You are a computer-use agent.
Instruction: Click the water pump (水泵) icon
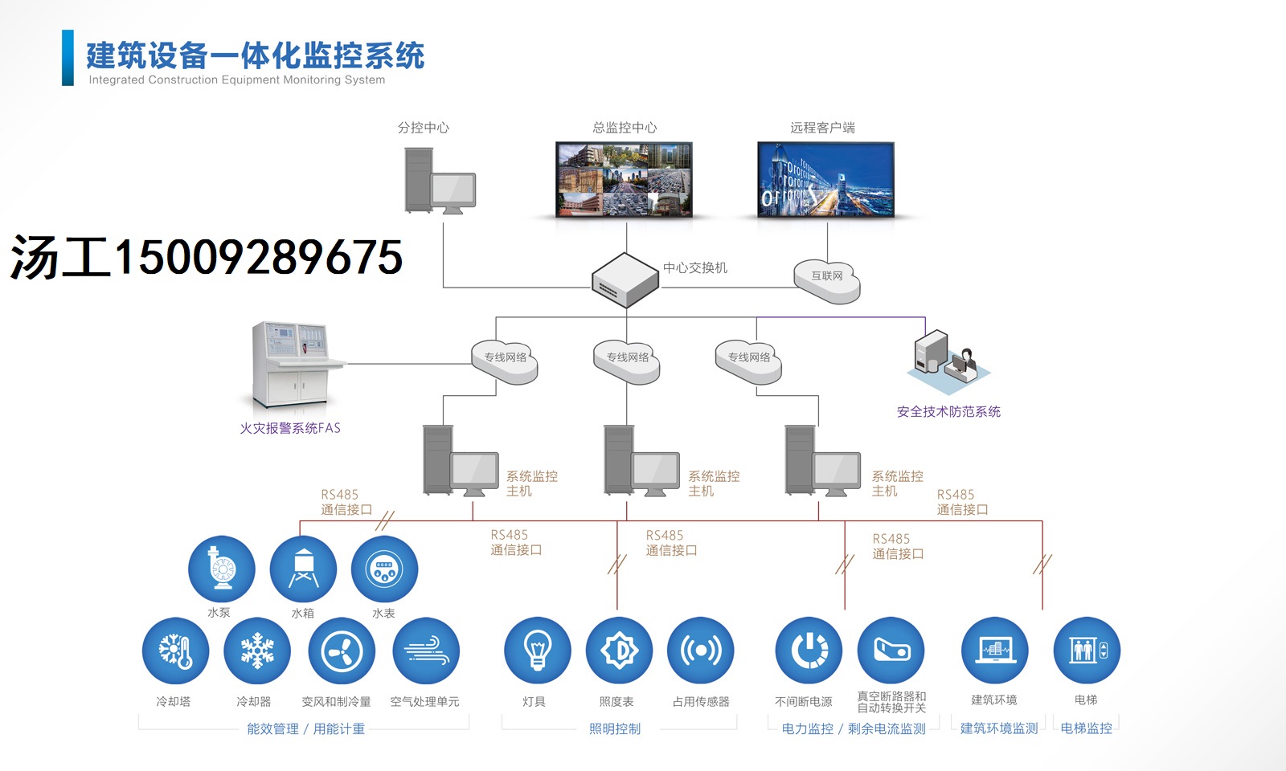tap(222, 569)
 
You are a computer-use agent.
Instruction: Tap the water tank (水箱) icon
tap(303, 569)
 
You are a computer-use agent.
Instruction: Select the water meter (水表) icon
tap(384, 569)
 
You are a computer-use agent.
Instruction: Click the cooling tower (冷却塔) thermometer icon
tap(175, 651)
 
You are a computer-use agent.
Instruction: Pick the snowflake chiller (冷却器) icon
tap(257, 651)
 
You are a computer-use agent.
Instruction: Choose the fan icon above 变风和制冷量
tap(342, 651)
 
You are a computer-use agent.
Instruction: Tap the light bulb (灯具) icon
tap(537, 651)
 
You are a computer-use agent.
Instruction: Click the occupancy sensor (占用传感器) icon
tap(700, 651)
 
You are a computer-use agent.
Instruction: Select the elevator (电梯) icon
tap(1087, 651)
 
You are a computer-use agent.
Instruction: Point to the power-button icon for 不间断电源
tap(809, 651)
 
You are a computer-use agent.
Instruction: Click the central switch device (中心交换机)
tap(625, 279)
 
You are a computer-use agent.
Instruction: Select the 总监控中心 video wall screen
tap(625, 180)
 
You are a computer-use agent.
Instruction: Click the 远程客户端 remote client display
tap(825, 180)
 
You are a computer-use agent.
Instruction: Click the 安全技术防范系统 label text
tap(948, 412)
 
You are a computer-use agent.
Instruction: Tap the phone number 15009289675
tap(257, 258)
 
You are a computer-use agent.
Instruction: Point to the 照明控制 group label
tap(615, 729)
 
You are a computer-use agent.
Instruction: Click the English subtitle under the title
tap(236, 80)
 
